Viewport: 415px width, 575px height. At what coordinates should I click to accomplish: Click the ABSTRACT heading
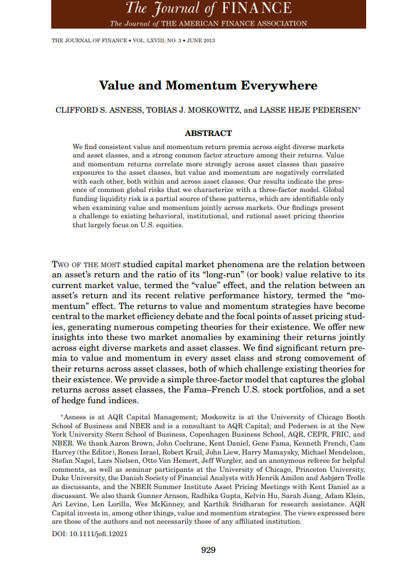coord(208,133)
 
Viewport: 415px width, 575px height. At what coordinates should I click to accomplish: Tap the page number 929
coord(208,550)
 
